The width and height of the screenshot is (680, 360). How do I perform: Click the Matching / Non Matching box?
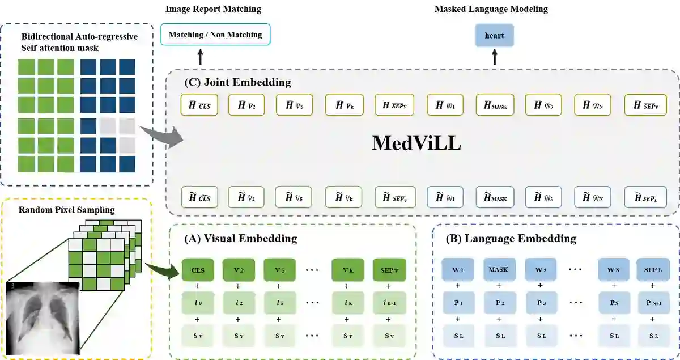[x=215, y=35]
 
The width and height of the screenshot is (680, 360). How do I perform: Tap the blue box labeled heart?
[x=494, y=36]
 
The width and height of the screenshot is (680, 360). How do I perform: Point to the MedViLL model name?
[x=416, y=143]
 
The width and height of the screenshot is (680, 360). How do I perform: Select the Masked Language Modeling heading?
[x=491, y=9]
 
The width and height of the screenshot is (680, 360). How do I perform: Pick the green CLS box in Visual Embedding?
[x=198, y=270]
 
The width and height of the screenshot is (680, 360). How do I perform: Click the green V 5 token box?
[x=278, y=270]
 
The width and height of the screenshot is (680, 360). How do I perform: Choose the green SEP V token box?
[x=389, y=270]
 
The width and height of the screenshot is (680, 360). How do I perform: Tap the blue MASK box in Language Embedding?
[x=498, y=270]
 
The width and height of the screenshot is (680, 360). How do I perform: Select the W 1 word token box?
[x=457, y=270]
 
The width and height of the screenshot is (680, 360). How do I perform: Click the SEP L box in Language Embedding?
[x=652, y=270]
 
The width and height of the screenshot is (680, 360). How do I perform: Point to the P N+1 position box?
[x=652, y=303]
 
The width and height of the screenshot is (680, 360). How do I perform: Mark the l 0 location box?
[x=198, y=303]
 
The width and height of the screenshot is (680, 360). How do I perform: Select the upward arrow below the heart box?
[x=494, y=57]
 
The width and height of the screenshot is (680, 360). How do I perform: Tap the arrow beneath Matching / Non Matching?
[x=199, y=57]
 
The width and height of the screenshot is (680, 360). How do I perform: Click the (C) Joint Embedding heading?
[x=237, y=82]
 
